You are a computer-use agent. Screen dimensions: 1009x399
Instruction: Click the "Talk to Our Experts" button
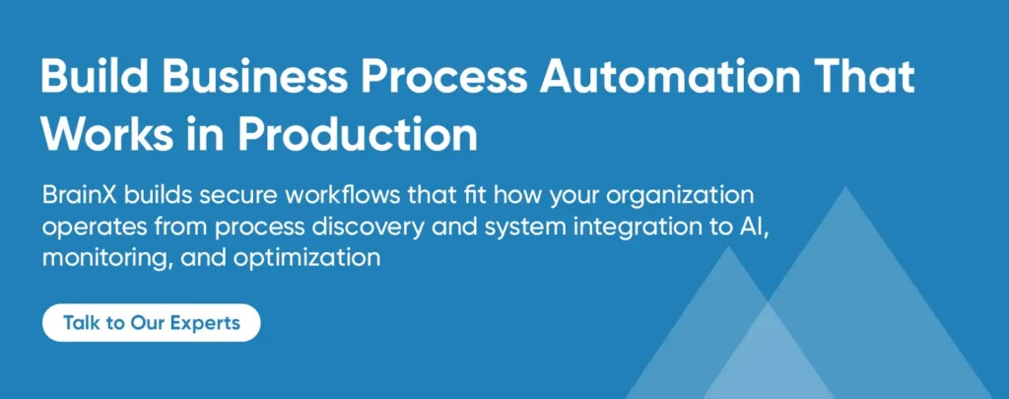[x=151, y=322]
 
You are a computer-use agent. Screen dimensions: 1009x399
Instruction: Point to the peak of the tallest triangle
[x=845, y=187]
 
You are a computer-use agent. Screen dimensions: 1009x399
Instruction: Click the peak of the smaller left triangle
[x=728, y=246]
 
